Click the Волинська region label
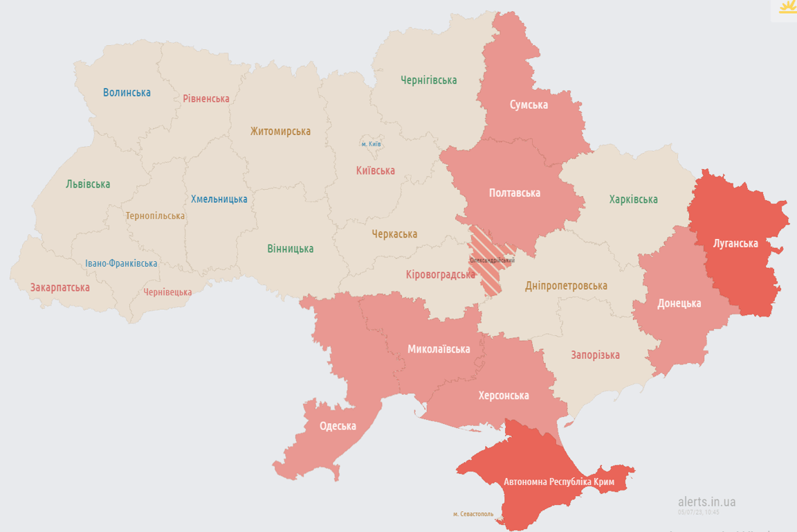(x=127, y=92)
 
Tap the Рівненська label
(x=206, y=98)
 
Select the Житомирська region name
(x=280, y=131)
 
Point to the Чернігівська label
(x=429, y=80)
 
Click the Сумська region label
(x=529, y=105)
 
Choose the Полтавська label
(x=514, y=193)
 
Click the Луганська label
(x=735, y=243)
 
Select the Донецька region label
(x=679, y=303)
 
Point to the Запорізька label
(x=595, y=355)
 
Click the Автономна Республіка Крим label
(x=559, y=481)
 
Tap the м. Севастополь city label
(x=473, y=514)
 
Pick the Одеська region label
(x=338, y=426)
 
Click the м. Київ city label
(x=372, y=144)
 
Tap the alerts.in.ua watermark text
(x=706, y=502)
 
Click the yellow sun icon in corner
(x=787, y=8)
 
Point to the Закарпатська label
(x=59, y=287)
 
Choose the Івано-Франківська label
(x=121, y=263)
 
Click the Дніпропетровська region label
(x=566, y=285)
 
